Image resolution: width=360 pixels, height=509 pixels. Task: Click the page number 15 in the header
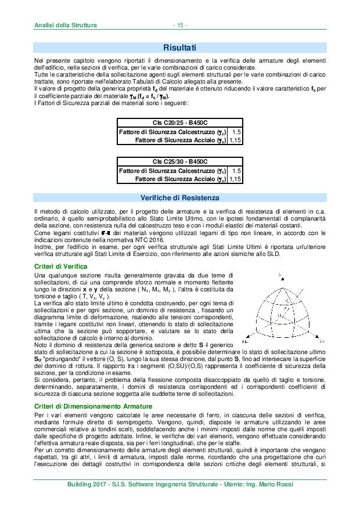pos(180,26)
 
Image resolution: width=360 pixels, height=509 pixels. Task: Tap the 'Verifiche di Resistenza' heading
pos(179,198)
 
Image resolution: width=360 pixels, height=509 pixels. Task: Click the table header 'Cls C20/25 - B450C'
pos(180,122)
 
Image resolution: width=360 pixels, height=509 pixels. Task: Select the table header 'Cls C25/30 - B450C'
pos(180,161)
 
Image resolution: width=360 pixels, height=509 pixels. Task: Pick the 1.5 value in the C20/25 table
pos(236,132)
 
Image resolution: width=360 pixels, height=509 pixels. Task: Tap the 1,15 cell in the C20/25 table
pos(235,140)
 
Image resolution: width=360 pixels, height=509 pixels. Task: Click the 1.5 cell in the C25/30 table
pos(236,171)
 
